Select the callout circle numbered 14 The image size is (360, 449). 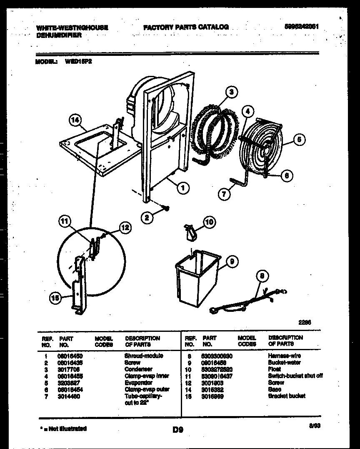coord(74,121)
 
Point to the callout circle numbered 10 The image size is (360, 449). coord(209,222)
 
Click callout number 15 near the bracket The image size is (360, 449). coord(54,298)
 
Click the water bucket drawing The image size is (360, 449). coord(196,278)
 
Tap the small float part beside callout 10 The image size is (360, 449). coord(190,231)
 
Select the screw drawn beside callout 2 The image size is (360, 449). coord(165,207)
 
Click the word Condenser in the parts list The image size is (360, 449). coord(138,369)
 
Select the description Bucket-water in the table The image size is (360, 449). coord(284,363)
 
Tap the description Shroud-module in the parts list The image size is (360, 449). coord(144,356)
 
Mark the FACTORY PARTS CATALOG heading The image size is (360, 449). coord(186,27)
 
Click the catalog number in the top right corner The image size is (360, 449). coord(302,26)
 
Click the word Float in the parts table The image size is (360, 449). coord(275,369)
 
